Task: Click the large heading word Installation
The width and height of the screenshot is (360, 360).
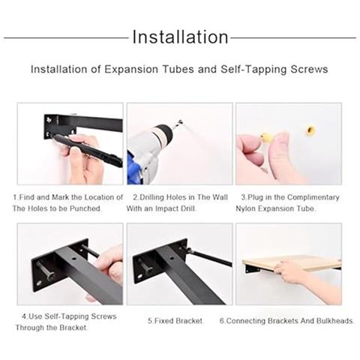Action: click(180, 37)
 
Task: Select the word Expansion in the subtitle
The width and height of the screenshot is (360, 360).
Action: click(132, 69)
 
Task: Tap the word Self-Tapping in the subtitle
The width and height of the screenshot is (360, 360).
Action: click(253, 70)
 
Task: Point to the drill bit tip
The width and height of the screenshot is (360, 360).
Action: click(181, 122)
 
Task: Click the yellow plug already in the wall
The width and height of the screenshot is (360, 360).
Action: click(310, 130)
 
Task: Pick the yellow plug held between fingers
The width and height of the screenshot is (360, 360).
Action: click(267, 138)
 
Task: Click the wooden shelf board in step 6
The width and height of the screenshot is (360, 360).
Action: click(291, 263)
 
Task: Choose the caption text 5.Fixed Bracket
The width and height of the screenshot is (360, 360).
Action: click(175, 321)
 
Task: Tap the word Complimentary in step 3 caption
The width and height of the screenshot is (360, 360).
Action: click(313, 197)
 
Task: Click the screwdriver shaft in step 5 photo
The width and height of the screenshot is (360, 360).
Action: click(210, 257)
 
